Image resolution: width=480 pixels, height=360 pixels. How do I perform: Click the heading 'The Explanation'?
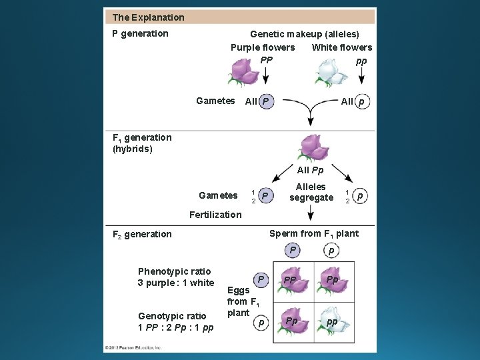[149, 17]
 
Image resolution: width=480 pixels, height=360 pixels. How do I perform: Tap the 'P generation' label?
[140, 33]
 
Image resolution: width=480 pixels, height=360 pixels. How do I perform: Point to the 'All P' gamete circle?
[266, 101]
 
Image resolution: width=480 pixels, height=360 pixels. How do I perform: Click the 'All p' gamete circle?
[361, 102]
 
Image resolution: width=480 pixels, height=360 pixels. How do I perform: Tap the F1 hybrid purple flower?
[310, 148]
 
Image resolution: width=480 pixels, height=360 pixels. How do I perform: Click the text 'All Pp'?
[311, 171]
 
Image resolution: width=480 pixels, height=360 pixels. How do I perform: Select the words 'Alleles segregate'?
[311, 192]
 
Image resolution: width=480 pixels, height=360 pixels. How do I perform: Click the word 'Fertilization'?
[215, 215]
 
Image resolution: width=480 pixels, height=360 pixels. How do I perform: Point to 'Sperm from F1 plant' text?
[313, 233]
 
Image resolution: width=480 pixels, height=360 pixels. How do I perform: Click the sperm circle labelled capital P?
[291, 251]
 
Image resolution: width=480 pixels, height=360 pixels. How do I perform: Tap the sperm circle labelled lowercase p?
[331, 251]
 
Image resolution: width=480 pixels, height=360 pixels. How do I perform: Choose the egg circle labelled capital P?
[261, 279]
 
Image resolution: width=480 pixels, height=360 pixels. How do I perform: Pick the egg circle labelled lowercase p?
[261, 323]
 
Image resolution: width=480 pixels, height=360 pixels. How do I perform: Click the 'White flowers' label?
[342, 47]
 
